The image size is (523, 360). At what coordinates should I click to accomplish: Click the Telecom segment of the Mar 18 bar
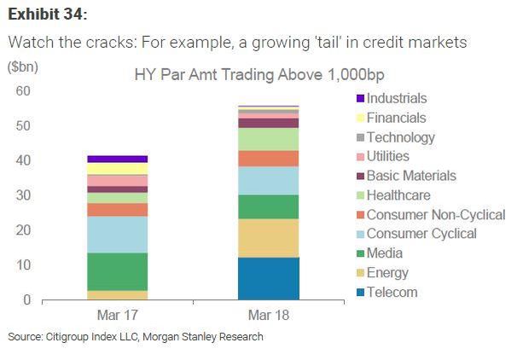click(x=268, y=278)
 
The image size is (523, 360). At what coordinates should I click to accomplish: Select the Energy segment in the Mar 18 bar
click(x=268, y=238)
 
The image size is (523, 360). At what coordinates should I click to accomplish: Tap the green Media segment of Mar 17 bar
click(x=117, y=271)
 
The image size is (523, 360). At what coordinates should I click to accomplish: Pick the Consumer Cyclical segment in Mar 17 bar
click(x=117, y=235)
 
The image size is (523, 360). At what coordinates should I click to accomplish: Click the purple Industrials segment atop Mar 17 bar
click(x=117, y=159)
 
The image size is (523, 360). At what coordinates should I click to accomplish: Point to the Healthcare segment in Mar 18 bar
click(x=268, y=139)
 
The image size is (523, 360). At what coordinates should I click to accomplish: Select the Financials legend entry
click(x=395, y=119)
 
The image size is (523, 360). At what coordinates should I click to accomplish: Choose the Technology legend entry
click(x=400, y=137)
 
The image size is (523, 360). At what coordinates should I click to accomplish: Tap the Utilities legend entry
click(x=387, y=157)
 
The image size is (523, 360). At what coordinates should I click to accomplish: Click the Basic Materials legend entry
click(x=410, y=176)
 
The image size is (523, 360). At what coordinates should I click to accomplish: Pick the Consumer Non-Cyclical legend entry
click(x=435, y=215)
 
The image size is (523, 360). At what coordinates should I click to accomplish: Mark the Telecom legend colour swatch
click(x=358, y=293)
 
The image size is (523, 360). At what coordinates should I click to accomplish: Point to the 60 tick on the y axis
click(x=23, y=91)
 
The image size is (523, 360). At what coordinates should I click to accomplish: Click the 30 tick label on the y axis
click(x=23, y=195)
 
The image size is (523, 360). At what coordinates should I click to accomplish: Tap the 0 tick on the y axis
click(x=26, y=300)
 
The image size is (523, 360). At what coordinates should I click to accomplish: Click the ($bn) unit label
click(x=22, y=67)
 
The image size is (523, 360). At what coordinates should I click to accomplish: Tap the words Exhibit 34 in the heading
click(x=48, y=15)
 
